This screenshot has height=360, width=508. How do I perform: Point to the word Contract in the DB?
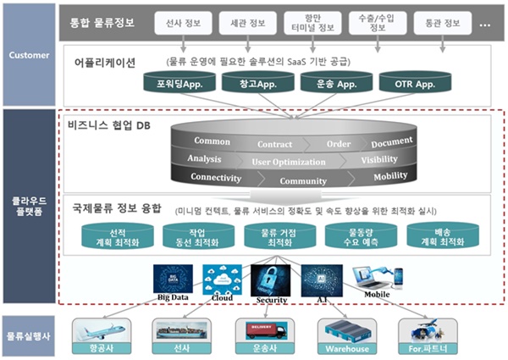pos(274,145)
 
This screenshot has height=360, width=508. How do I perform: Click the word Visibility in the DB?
pos(378,159)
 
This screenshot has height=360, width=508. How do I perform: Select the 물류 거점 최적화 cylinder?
pos(274,237)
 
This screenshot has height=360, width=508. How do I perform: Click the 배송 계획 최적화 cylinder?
pos(436,237)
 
